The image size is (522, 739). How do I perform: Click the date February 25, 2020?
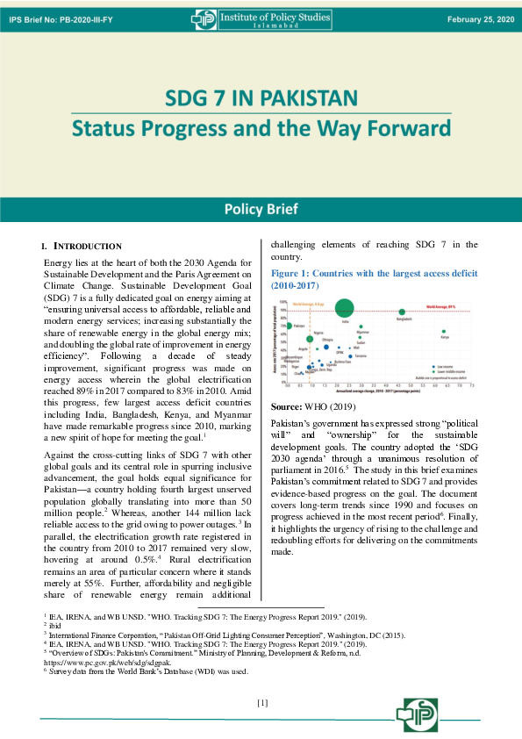(479, 18)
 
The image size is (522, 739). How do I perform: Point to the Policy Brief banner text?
(261, 209)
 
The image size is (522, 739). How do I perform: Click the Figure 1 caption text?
(374, 279)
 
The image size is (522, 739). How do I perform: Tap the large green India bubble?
(344, 307)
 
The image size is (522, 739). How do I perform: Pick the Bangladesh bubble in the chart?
(402, 312)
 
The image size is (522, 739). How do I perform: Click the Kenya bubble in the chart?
(444, 332)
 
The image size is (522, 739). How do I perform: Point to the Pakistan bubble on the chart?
(289, 326)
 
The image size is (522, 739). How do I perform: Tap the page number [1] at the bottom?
(261, 702)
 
